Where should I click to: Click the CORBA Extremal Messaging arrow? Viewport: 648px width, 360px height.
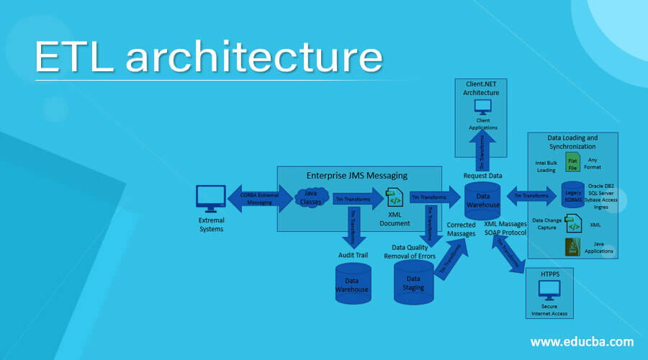(262, 198)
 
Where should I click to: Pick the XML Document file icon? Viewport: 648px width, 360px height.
(394, 197)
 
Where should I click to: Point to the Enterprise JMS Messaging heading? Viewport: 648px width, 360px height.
(357, 175)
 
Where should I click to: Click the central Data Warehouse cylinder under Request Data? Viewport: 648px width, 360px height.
(482, 199)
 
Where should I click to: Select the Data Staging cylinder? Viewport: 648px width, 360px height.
(413, 283)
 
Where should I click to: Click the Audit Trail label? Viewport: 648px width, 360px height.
(353, 254)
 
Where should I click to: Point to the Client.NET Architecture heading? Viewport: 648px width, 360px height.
(482, 89)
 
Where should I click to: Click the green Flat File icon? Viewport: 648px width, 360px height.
(573, 161)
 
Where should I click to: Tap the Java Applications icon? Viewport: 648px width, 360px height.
(572, 248)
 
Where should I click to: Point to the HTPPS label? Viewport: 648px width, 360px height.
(550, 274)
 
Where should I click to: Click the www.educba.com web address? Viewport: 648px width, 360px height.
(582, 341)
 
